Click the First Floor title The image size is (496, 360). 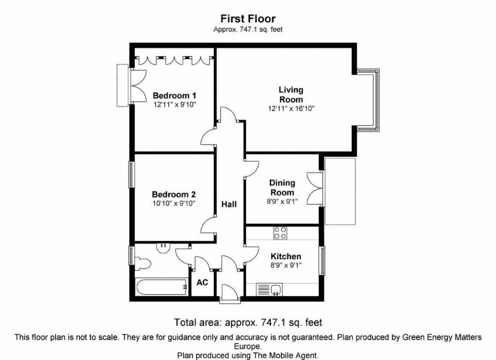(248, 19)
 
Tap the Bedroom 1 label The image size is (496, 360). (175, 96)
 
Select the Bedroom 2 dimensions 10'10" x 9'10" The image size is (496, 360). (175, 203)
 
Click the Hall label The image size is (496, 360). (229, 204)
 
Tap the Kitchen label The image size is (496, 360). (285, 257)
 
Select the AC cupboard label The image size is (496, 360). (202, 283)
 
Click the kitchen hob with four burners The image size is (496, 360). (280, 233)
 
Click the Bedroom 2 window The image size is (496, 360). (132, 174)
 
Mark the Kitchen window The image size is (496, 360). (322, 261)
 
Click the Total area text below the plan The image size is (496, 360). (248, 322)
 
